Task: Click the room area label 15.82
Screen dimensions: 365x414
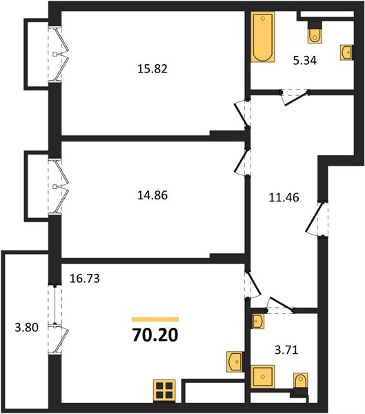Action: [152, 69]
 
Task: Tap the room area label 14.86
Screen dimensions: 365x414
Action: [152, 195]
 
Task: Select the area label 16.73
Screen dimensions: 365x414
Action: [84, 278]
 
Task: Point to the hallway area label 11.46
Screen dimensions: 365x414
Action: [284, 197]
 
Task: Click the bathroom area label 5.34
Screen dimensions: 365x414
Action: [305, 61]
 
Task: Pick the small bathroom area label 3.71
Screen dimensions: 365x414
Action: [286, 350]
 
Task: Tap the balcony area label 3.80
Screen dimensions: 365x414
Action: [27, 327]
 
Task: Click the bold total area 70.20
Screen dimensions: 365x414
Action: [155, 335]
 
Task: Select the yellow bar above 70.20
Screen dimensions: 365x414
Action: [155, 319]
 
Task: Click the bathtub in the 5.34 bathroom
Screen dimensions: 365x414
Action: [262, 37]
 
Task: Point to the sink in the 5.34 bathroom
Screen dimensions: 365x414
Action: [346, 52]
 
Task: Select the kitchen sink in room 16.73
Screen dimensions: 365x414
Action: [235, 362]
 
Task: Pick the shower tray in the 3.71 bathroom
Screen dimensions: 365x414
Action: [262, 377]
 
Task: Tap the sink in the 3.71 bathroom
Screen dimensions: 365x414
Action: [258, 322]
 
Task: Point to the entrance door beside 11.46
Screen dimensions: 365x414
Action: [316, 219]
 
